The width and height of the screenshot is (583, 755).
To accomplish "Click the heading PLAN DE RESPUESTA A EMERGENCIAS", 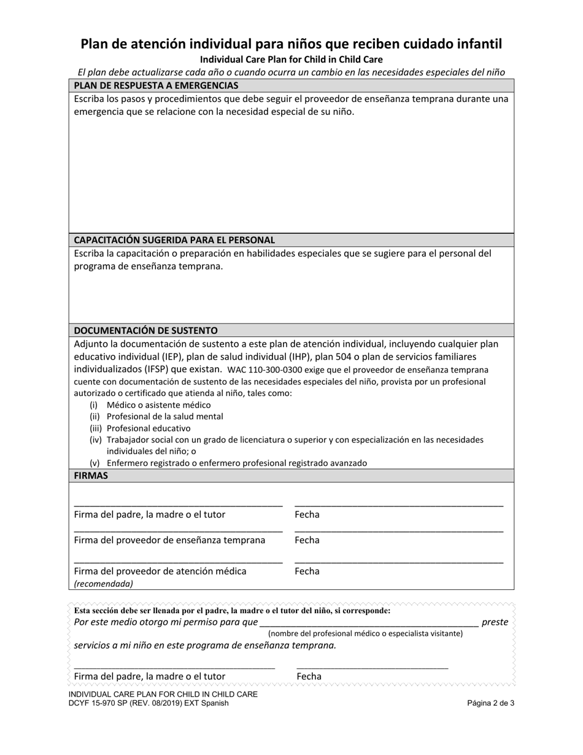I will pyautogui.click(x=156, y=85).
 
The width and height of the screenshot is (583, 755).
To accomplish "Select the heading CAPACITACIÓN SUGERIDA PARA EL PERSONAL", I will pyautogui.click(x=174, y=240).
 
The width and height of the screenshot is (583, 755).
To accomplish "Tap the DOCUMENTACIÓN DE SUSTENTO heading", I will pyautogui.click(x=145, y=330).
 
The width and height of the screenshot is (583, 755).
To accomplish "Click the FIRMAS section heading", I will pyautogui.click(x=91, y=476).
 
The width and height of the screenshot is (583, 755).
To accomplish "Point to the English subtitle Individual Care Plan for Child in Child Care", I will pyautogui.click(x=291, y=60).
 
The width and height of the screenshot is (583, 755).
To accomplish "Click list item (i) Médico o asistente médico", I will pyautogui.click(x=158, y=405).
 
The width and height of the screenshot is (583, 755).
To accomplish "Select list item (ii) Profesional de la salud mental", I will pyautogui.click(x=164, y=416).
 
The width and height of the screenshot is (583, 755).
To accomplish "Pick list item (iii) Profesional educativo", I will pyautogui.click(x=148, y=428).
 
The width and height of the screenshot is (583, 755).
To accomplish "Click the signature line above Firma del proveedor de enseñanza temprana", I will pyautogui.click(x=178, y=530).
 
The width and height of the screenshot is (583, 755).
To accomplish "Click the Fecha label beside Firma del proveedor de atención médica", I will pyautogui.click(x=307, y=571).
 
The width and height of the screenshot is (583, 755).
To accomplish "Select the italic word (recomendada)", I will pyautogui.click(x=103, y=584).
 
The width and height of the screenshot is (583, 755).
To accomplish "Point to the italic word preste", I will pyautogui.click(x=495, y=622).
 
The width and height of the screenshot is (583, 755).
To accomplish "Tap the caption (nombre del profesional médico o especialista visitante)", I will pyautogui.click(x=365, y=633).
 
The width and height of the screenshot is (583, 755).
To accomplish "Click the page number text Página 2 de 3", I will pyautogui.click(x=490, y=703).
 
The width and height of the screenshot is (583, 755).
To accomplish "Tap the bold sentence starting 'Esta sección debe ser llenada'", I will pyautogui.click(x=232, y=611).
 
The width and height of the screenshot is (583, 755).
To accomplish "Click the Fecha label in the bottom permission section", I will pyautogui.click(x=309, y=676).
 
